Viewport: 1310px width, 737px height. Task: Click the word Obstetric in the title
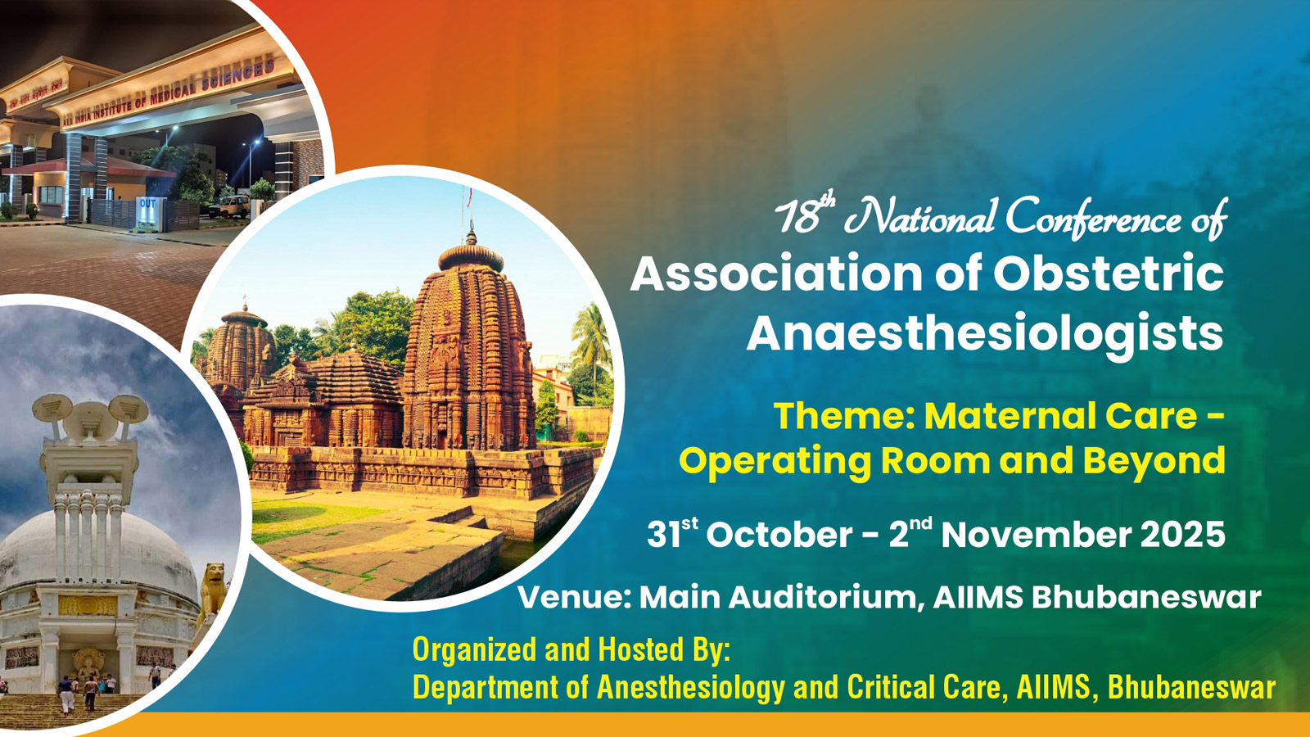(x=1109, y=274)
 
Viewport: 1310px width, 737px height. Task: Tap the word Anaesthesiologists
(x=985, y=335)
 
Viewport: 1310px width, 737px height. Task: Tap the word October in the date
(x=779, y=535)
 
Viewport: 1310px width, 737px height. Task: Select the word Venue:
(x=574, y=598)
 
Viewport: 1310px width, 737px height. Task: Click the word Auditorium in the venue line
(x=821, y=598)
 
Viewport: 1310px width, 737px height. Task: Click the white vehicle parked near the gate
(x=233, y=205)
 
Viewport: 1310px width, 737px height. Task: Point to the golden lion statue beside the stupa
(x=214, y=590)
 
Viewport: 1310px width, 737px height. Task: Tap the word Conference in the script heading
(x=1093, y=219)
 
